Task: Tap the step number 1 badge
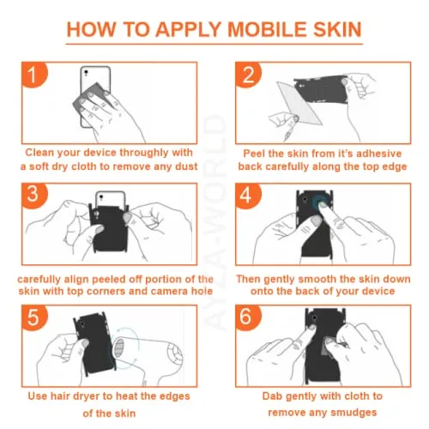click(x=33, y=75)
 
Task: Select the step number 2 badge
click(x=248, y=75)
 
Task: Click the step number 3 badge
click(x=33, y=196)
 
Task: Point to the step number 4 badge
click(x=248, y=196)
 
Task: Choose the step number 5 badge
click(x=33, y=317)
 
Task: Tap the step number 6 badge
click(x=248, y=317)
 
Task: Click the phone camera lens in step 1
click(x=86, y=72)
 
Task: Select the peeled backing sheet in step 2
click(x=299, y=104)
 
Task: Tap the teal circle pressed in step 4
click(x=320, y=202)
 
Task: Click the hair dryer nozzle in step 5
click(x=119, y=348)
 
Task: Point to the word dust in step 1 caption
click(x=186, y=166)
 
